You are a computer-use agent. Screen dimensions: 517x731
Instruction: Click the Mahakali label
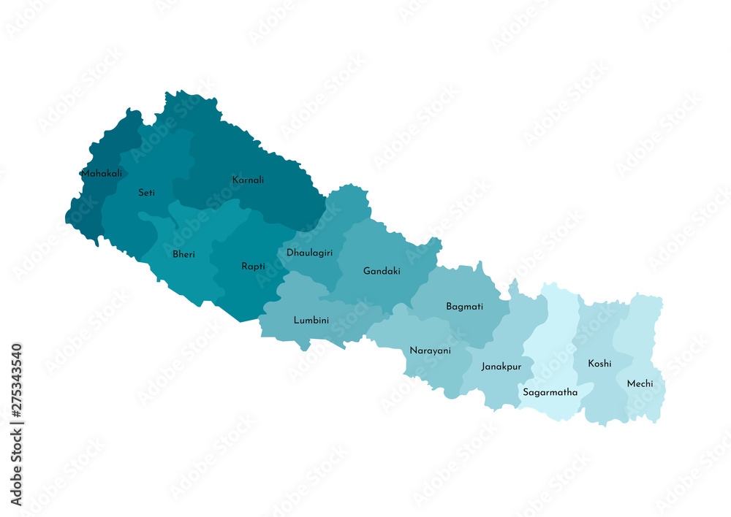coord(102,174)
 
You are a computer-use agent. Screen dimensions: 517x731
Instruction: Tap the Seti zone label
coord(146,193)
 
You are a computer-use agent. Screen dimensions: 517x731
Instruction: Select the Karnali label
coord(248,180)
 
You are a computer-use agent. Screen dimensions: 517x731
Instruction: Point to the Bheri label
coord(183,254)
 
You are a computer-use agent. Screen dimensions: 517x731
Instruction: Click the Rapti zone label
coord(253,267)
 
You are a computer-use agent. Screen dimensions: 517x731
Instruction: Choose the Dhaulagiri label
coord(309,253)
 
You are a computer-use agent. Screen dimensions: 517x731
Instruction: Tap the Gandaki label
coord(382,271)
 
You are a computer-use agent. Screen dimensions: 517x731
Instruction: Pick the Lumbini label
coord(311,320)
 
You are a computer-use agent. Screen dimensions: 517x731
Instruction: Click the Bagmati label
coord(464,307)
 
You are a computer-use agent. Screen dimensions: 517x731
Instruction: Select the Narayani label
coord(430,351)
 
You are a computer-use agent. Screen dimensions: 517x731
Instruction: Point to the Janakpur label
coord(501,367)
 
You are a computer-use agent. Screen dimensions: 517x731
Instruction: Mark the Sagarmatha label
coord(550,392)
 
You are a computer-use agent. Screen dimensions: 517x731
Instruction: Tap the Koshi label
coord(599,363)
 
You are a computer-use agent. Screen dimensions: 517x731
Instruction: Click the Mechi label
coord(640,383)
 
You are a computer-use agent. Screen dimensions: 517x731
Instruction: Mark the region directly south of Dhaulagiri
coord(300,307)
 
